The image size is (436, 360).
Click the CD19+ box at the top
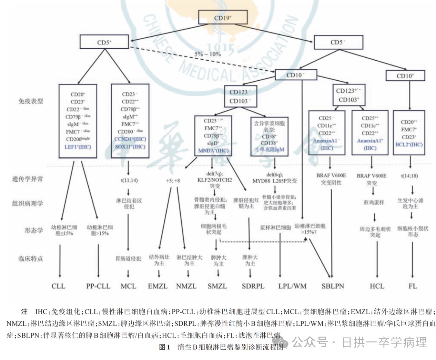pos(223,18)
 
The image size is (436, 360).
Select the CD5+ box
pos(104,42)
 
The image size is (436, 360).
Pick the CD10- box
pos(295,75)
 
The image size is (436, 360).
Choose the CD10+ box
pos(405,76)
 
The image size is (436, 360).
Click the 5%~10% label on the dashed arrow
pos(207,54)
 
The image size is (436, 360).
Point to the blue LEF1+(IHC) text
pos(78,147)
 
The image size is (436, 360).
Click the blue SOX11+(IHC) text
pos(130,147)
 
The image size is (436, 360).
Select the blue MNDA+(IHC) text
pos(213,151)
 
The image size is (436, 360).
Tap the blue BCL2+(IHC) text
pos(409,144)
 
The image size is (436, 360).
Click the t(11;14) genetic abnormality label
pos(129,180)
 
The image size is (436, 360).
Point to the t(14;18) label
pos(409,176)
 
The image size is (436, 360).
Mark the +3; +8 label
pos(173,180)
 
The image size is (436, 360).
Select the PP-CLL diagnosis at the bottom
pos(98,286)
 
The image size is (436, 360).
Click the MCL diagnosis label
pos(128,286)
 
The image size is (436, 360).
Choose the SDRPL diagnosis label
pos(253,286)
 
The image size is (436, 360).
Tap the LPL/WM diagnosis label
pos(292,286)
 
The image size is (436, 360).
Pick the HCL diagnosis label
pos(377,286)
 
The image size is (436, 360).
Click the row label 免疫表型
pos(31,101)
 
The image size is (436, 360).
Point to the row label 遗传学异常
pos(28,179)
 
